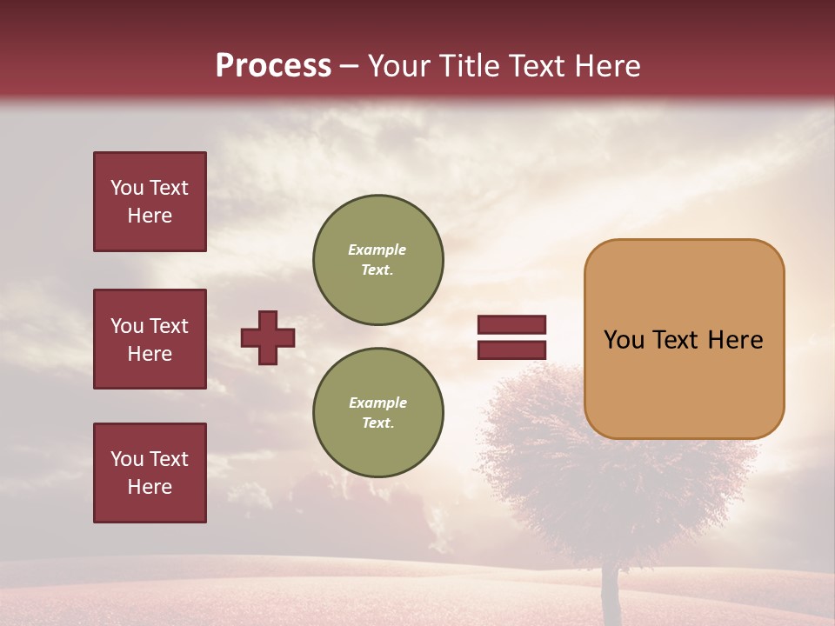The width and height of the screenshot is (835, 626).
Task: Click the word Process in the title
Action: click(273, 66)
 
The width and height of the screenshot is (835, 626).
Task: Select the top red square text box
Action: click(150, 202)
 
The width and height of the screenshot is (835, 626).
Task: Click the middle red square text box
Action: click(150, 339)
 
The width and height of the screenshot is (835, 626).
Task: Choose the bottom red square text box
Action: click(150, 473)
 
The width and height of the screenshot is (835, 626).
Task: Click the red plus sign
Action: click(268, 337)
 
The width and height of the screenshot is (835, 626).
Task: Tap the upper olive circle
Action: click(378, 259)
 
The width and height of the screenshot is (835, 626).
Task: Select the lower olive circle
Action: click(378, 412)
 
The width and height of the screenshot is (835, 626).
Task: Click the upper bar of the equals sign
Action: click(511, 325)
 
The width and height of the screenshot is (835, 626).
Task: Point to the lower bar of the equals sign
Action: click(511, 350)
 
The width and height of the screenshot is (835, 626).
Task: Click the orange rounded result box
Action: click(684, 383)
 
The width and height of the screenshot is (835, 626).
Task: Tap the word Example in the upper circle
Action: click(377, 250)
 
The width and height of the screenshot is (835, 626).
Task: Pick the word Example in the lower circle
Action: click(377, 403)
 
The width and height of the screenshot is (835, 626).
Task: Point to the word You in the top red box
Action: click(126, 188)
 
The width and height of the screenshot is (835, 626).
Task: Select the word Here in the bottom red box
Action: click(150, 487)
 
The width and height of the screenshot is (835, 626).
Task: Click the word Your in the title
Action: click(399, 66)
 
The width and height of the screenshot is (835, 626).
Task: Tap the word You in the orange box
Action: click(624, 340)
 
